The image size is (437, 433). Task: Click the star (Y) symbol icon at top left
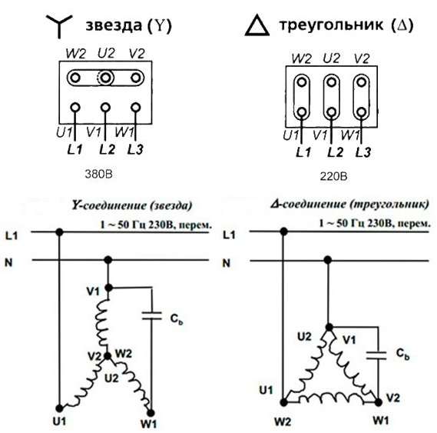click(59, 25)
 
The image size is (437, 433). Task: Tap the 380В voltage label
click(98, 175)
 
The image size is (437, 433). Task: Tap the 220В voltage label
click(333, 176)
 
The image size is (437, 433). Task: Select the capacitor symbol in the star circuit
click(151, 316)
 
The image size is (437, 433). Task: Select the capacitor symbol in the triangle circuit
click(376, 355)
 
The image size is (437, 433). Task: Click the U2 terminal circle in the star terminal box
click(105, 78)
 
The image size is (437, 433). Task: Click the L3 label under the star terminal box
click(135, 150)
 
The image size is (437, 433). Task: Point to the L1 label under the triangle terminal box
click(303, 152)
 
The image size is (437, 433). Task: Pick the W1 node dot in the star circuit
click(151, 413)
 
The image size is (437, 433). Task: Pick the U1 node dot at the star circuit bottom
click(59, 408)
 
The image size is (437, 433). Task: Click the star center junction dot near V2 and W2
click(108, 356)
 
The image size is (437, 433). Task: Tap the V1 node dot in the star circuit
click(109, 288)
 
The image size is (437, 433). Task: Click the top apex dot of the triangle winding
click(329, 327)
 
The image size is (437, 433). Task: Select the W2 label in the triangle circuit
click(283, 421)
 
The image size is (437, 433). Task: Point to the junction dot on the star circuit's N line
click(108, 260)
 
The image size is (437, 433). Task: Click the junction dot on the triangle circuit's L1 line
click(283, 231)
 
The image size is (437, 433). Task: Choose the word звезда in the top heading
click(114, 25)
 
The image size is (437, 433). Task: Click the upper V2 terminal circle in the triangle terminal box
click(361, 82)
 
